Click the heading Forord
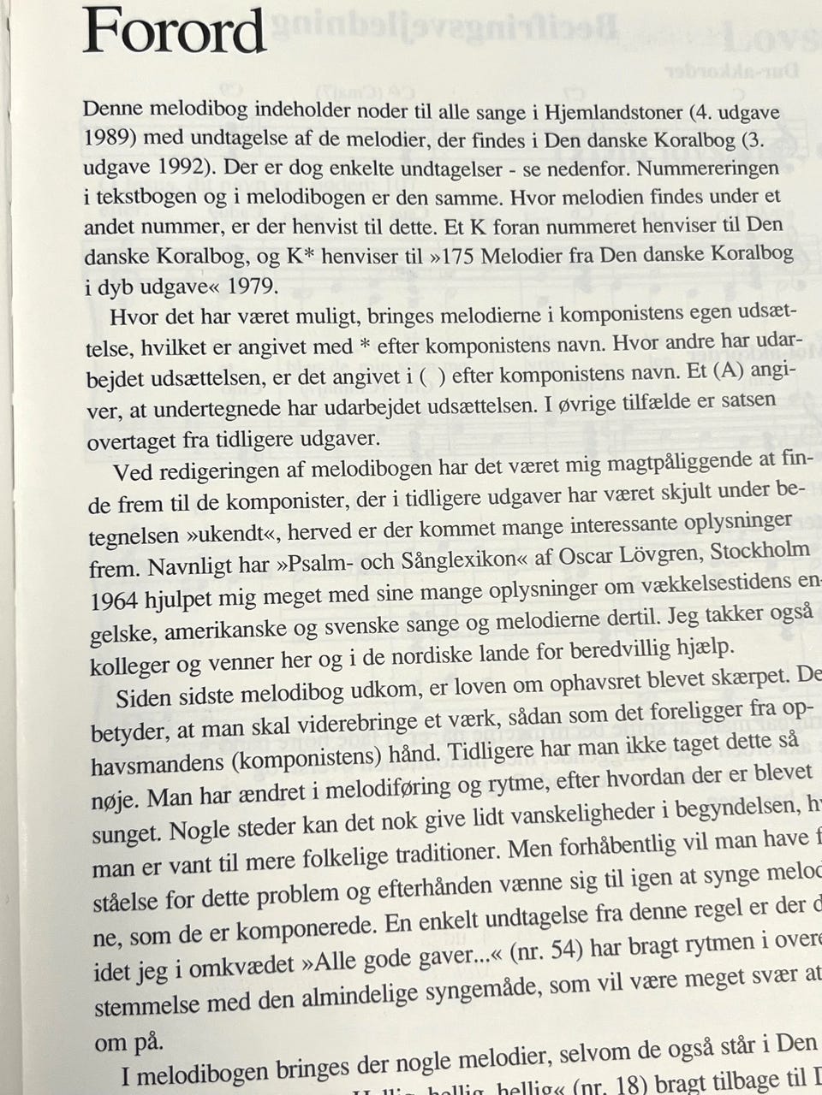pyautogui.click(x=174, y=32)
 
